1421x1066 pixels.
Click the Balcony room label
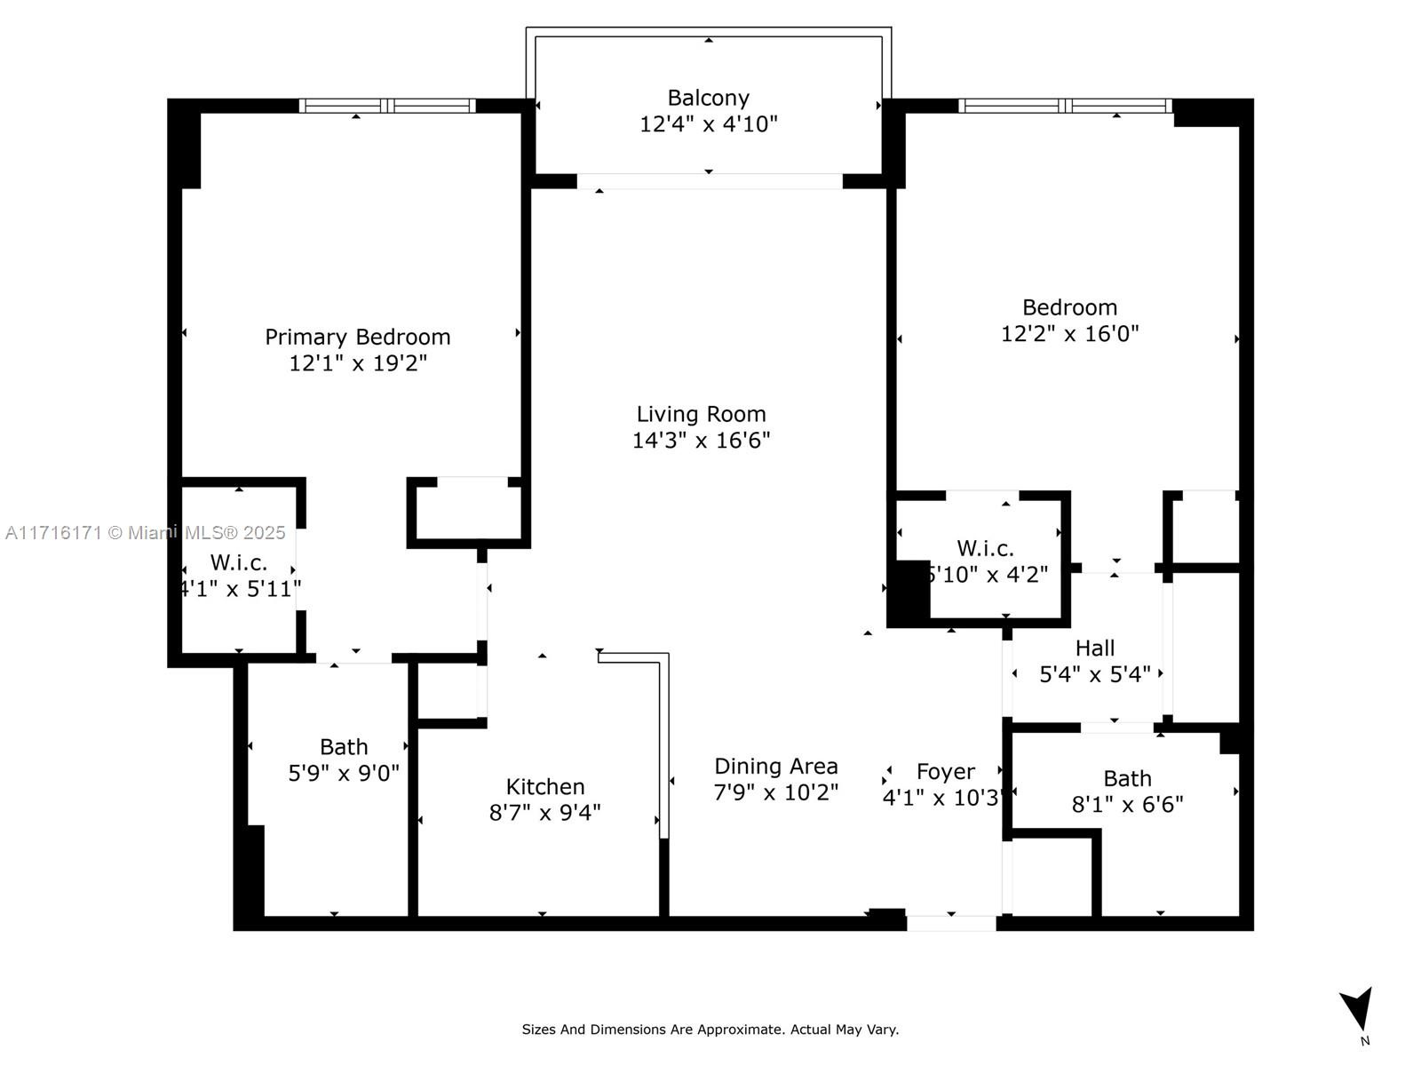coord(708,98)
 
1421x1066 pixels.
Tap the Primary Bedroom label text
coord(357,338)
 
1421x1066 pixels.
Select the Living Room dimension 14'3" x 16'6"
coord(701,440)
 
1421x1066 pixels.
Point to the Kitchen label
coord(545,786)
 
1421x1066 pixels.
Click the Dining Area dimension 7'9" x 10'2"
coord(775,792)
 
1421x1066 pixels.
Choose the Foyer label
coord(945,771)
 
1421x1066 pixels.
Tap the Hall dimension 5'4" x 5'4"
coord(1095,674)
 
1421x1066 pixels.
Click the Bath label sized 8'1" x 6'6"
coord(1127,778)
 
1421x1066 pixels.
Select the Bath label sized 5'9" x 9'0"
coord(344,747)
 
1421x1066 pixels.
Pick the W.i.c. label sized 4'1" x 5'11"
coord(238,562)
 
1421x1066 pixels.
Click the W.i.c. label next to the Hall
coord(985,548)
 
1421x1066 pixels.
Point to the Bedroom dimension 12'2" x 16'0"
coord(1069,333)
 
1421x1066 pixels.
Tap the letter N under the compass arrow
coord(1365,1041)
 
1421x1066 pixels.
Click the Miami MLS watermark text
coord(145,533)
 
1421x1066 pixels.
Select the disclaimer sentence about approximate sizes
coord(710,1030)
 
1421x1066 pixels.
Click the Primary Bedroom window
coord(387,106)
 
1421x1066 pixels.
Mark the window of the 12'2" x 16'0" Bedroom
coord(1065,106)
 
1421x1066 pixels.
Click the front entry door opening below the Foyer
coord(951,923)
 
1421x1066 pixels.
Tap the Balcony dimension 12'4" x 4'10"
coord(708,123)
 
